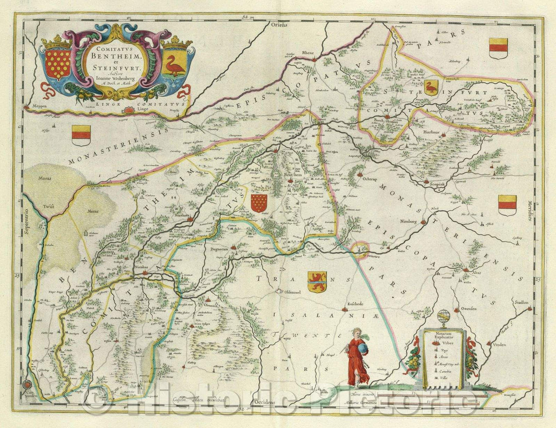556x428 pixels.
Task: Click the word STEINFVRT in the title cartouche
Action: click(119, 65)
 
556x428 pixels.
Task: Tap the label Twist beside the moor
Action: click(48, 206)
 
